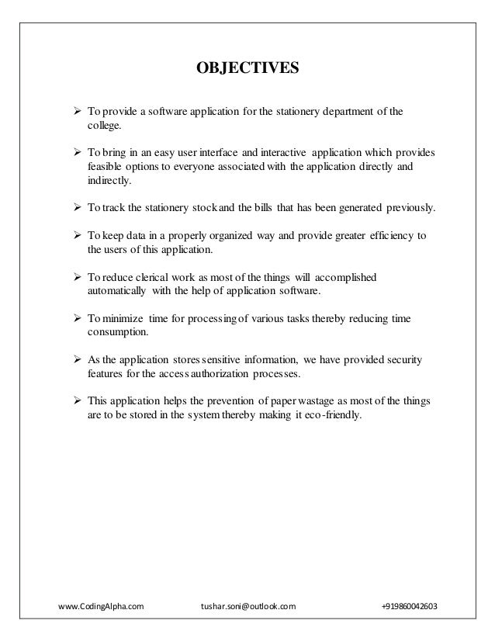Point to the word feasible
click(x=105, y=165)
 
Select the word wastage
click(x=310, y=401)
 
